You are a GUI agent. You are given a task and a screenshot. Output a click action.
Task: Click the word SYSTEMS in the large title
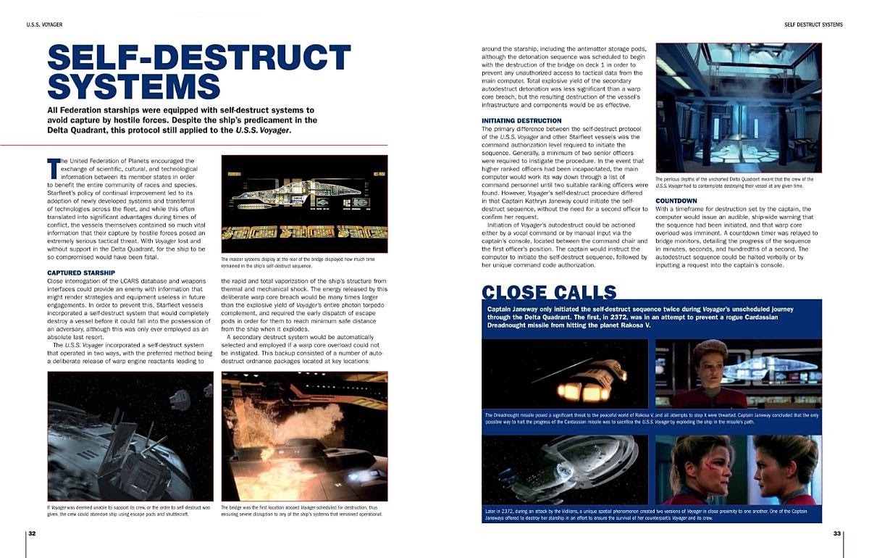click(x=134, y=86)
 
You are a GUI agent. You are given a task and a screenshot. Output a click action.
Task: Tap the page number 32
click(x=32, y=533)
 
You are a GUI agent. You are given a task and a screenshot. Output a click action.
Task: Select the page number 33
click(x=836, y=533)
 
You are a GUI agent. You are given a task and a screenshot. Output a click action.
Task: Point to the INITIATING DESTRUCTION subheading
click(x=521, y=120)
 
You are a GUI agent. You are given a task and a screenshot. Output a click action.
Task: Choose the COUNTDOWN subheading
click(x=676, y=201)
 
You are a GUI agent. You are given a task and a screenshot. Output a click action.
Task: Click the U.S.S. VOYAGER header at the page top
click(x=44, y=25)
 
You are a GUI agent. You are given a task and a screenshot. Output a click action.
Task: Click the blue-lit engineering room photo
click(x=738, y=107)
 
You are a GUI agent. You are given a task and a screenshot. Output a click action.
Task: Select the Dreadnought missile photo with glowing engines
click(x=568, y=372)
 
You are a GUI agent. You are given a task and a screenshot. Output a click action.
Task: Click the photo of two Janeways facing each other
click(x=738, y=469)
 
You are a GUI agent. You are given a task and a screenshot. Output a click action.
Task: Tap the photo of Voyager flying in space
click(x=568, y=469)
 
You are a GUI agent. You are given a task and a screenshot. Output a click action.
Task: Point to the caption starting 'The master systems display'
click(x=304, y=262)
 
